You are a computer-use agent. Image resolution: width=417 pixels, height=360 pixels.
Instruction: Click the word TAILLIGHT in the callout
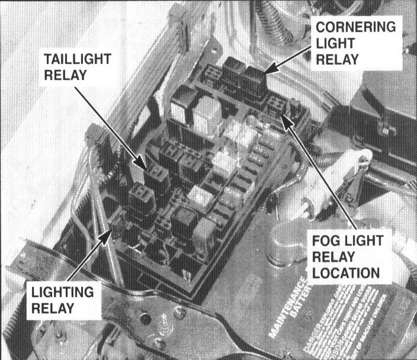[77, 60]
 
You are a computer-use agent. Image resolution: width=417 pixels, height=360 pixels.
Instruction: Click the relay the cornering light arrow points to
[254, 83]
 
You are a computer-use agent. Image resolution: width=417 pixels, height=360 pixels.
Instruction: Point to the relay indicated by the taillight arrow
[157, 178]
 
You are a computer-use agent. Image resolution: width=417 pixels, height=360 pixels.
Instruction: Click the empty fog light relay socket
[275, 107]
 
